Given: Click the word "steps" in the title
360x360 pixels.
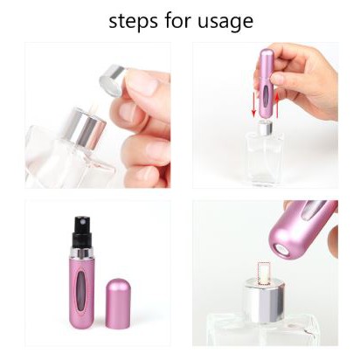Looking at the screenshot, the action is [135, 21].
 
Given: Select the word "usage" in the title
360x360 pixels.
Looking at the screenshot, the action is [225, 22].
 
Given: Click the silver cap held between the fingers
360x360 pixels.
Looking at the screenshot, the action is [112, 80].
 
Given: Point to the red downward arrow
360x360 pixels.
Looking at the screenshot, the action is [253, 104].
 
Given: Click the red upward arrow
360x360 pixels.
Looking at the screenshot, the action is [277, 106].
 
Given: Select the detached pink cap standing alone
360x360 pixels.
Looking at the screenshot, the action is [119, 303].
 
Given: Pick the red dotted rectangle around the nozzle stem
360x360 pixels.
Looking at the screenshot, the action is [264, 273].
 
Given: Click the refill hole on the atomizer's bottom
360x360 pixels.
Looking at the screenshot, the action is [282, 251].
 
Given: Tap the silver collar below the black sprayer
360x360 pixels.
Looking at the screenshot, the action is [82, 253].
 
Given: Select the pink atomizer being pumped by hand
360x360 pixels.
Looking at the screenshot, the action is [265, 85].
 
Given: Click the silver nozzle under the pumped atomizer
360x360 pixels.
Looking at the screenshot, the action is [265, 128].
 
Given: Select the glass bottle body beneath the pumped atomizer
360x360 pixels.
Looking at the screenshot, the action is [265, 160].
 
